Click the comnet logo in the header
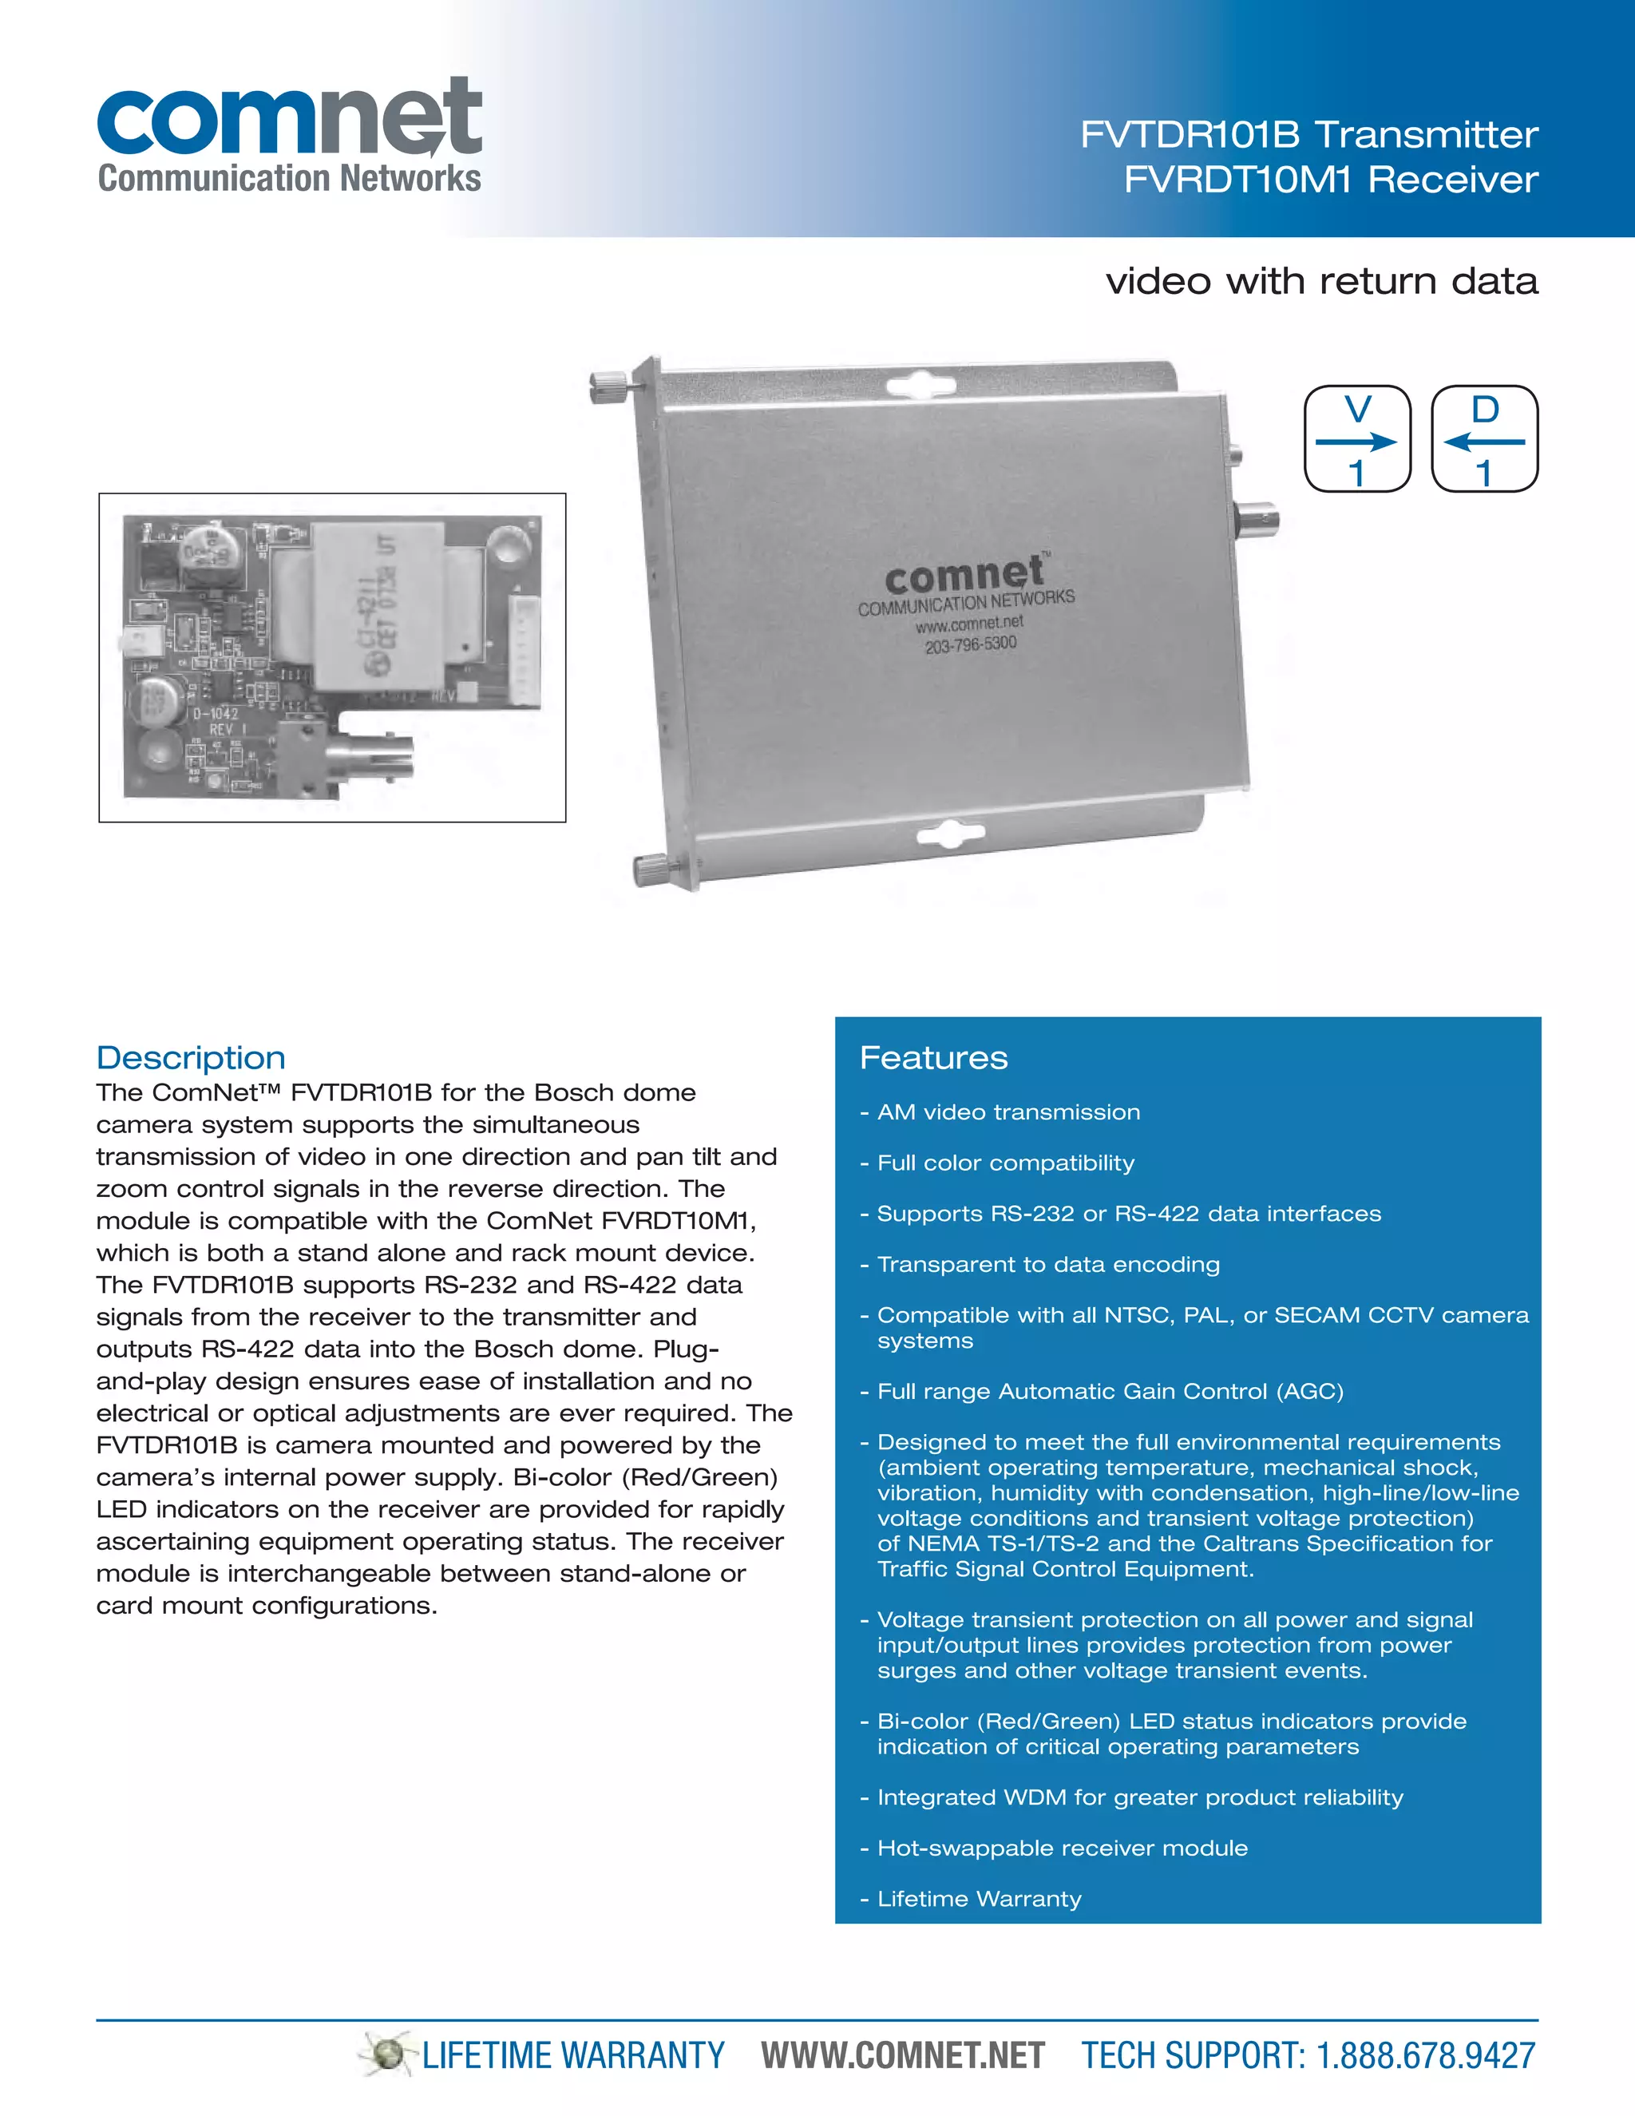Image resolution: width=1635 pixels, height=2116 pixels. [289, 117]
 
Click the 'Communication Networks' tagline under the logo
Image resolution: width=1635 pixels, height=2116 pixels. [289, 178]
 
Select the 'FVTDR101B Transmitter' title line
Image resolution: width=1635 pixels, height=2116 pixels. [1308, 135]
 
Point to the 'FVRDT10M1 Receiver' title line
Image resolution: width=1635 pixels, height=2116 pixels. [1330, 179]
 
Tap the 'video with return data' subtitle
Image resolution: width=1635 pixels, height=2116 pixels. [1321, 281]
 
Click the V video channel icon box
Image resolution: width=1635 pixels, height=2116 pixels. [1357, 439]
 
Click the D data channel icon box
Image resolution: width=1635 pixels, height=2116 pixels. [1484, 439]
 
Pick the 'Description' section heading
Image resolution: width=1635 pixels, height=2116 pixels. [191, 1057]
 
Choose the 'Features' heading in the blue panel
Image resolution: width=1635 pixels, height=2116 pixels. [932, 1057]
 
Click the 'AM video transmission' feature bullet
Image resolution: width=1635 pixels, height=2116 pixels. [1008, 1112]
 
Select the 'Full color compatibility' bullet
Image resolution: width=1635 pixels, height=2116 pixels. [1004, 1163]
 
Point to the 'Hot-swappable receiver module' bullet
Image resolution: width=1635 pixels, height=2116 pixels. [1062, 1848]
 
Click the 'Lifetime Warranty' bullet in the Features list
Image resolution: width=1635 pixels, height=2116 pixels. [978, 1898]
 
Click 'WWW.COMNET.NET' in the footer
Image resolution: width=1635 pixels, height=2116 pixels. [903, 2055]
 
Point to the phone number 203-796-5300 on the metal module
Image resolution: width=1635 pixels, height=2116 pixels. [971, 644]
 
